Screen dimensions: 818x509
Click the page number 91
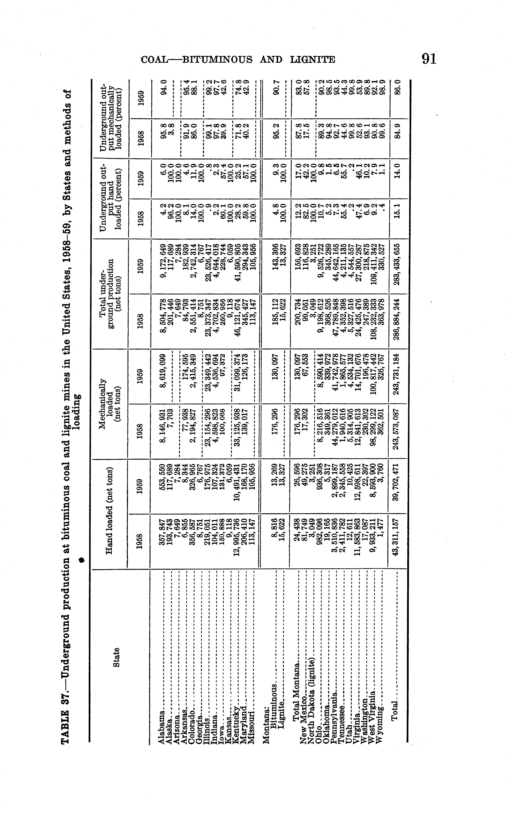coord(428,59)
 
